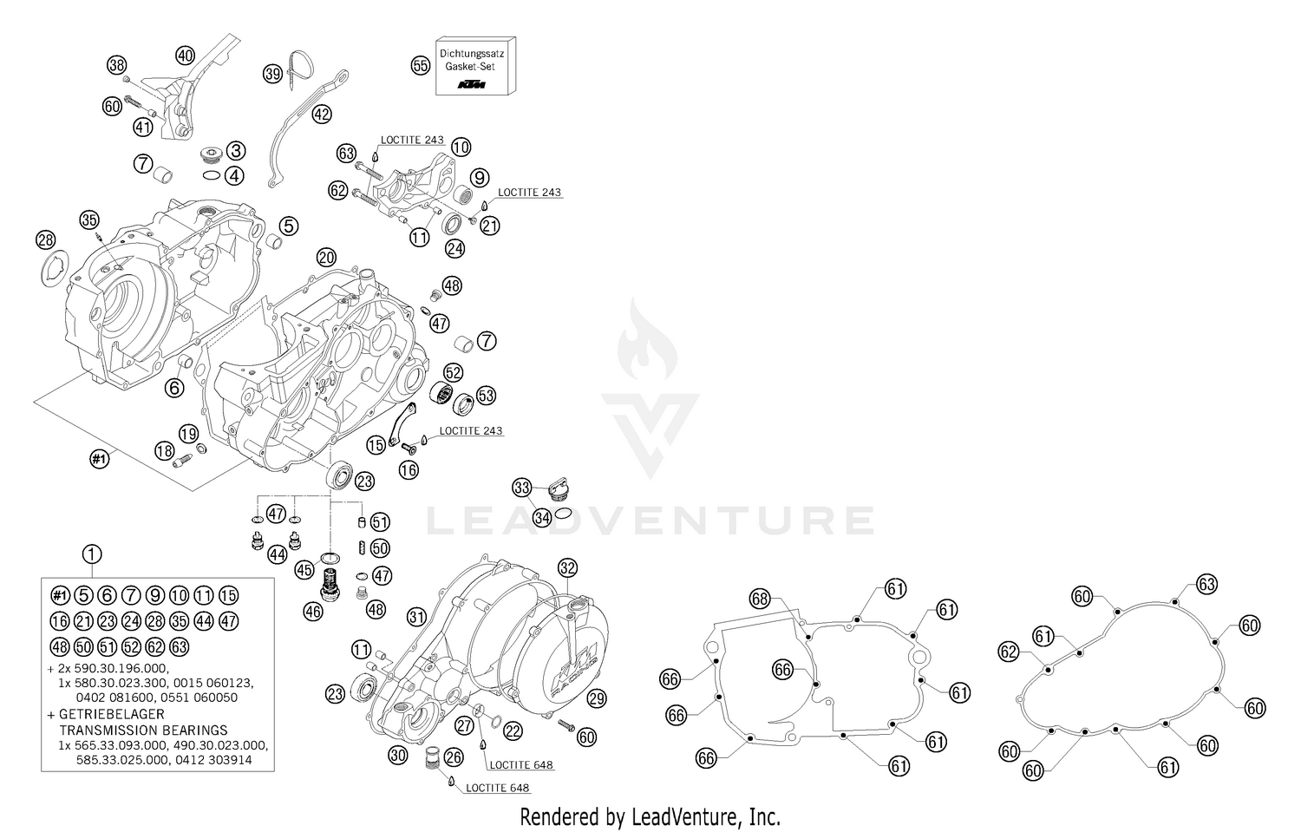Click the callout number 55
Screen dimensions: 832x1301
421,65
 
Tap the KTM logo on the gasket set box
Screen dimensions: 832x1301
473,85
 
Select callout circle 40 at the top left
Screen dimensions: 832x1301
185,55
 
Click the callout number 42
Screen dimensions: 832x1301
322,114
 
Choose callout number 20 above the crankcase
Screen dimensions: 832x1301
326,257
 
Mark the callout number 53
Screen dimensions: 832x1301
486,396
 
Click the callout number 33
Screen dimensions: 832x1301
521,487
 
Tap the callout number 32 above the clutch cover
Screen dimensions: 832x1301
567,569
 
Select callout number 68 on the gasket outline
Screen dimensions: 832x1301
760,599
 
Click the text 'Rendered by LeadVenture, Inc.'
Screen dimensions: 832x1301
650,816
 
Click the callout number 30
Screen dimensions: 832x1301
397,755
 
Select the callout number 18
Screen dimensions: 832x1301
165,449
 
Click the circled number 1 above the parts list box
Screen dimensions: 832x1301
92,554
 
